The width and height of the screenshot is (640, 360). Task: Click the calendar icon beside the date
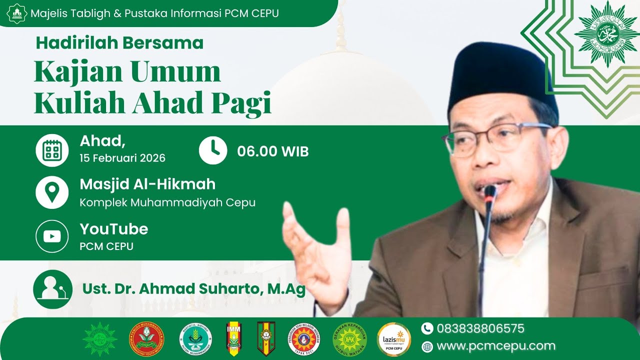point(52,150)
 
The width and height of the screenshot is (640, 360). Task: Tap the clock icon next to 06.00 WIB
point(213,150)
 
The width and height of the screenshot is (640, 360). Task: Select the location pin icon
point(52,192)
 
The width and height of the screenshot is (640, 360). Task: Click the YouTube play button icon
point(52,236)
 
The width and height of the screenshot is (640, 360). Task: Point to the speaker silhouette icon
point(52,289)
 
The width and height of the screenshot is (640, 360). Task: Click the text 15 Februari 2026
point(122,158)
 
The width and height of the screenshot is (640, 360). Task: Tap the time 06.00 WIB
point(272,151)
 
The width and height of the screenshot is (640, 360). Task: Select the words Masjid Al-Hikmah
point(147,184)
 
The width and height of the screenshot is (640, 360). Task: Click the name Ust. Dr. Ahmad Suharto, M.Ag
point(194,289)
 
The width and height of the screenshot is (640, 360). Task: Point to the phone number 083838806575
point(480,328)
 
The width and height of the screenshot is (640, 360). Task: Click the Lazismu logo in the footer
point(393,339)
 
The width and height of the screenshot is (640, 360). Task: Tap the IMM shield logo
point(233,338)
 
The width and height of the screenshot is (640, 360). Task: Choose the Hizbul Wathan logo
point(349,339)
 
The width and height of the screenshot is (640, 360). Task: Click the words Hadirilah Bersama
point(119,43)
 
